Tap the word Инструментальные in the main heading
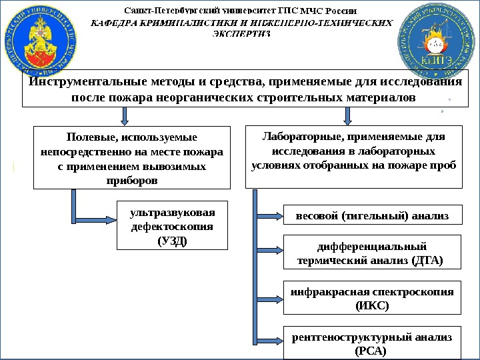[x=73, y=83]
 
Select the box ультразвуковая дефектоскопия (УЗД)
[x=173, y=226]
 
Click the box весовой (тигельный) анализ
[x=373, y=215]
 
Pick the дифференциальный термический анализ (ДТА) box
[x=373, y=253]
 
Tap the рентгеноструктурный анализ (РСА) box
[x=373, y=343]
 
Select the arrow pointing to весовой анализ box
[x=270, y=215]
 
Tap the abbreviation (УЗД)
[x=173, y=241]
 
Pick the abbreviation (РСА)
[x=372, y=351]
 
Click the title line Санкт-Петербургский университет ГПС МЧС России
[x=241, y=11]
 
